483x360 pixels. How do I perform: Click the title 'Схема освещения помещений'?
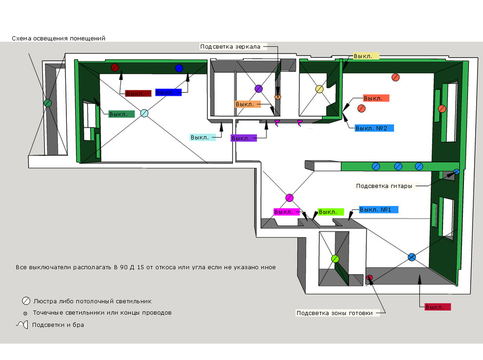(59, 38)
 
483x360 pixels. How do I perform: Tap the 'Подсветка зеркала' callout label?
(230, 46)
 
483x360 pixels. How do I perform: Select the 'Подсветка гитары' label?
(384, 186)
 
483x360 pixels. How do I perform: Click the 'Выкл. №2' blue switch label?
(371, 128)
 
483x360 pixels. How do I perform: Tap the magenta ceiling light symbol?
(289, 198)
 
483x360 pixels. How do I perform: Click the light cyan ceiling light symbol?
(144, 113)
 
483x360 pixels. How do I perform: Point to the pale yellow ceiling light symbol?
(320, 89)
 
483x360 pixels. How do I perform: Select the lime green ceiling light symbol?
(335, 259)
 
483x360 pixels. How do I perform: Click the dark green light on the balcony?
(48, 103)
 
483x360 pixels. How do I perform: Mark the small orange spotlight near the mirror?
(278, 97)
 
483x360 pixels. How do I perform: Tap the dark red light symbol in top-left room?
(115, 67)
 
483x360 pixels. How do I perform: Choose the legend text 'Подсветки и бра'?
(58, 325)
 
